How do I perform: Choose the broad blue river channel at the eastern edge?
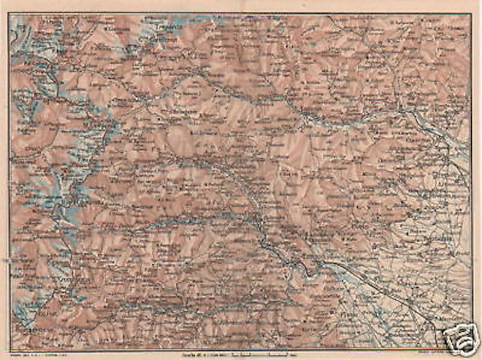pos(446,132)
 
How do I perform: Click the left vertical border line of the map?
pos(10,181)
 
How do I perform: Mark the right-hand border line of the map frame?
pos(471,181)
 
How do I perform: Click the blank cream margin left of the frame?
pos(4,181)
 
